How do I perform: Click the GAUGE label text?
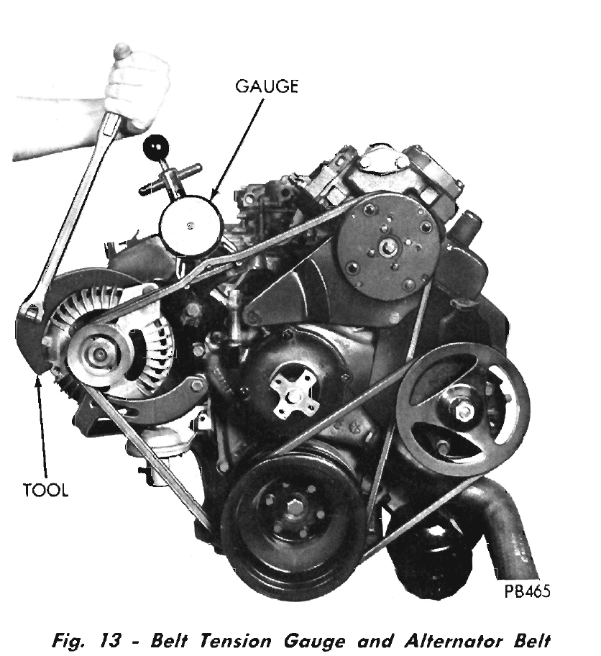(267, 86)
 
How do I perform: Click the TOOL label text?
(45, 490)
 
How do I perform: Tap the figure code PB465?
(527, 591)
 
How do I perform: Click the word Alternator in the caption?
(454, 642)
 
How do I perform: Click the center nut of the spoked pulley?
(463, 412)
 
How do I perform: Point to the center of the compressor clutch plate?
(385, 247)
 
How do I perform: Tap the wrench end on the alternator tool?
(32, 311)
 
